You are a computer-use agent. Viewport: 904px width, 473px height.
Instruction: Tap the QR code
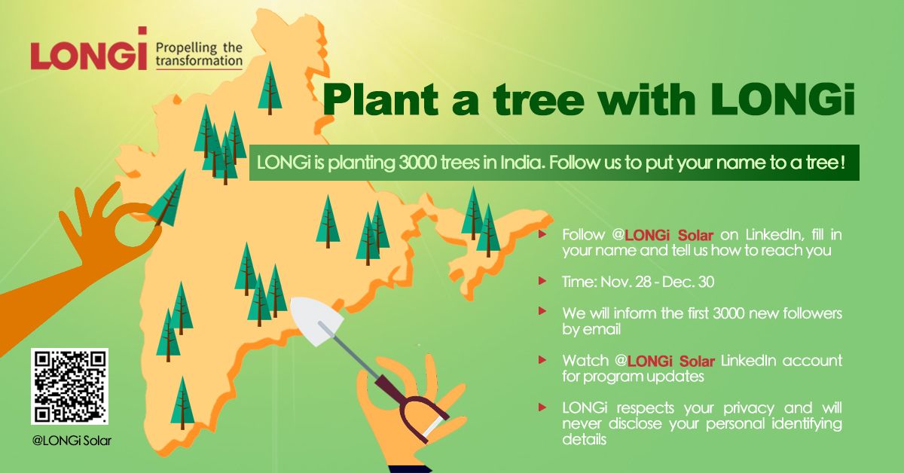coord(69,386)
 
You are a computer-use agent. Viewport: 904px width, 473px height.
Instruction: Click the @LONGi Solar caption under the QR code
coord(72,441)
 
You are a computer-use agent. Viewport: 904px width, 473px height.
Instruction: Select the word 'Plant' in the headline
coord(381,100)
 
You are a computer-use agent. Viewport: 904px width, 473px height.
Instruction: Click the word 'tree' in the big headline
coord(539,100)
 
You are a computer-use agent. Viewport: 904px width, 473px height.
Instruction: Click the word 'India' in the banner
coord(523,163)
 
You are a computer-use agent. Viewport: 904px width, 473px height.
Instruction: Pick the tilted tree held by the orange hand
coord(168,202)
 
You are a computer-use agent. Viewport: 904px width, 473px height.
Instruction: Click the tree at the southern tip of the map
coord(182,403)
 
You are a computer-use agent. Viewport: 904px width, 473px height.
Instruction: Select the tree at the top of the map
coord(270,88)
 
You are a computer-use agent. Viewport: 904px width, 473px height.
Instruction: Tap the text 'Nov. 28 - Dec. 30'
coord(658,282)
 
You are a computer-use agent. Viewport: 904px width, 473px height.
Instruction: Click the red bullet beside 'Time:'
coord(542,280)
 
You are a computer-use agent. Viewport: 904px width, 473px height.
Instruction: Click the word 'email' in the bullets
coord(601,329)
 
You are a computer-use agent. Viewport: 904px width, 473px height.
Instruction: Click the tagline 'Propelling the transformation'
coord(199,54)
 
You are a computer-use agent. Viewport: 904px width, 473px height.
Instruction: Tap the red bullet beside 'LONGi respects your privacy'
coord(542,407)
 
